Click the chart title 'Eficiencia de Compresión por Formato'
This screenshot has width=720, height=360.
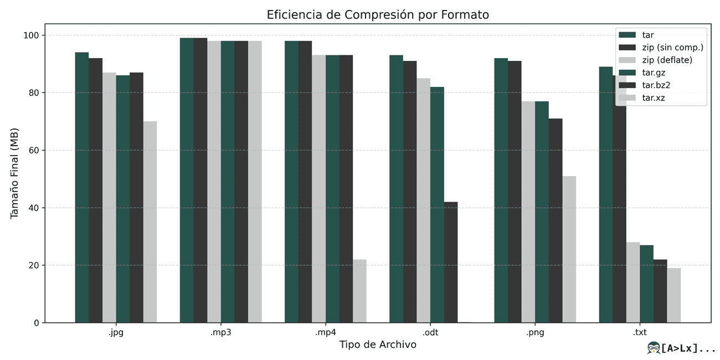coord(378,15)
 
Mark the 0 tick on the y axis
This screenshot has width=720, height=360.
coord(36,323)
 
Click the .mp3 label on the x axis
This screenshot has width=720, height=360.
coord(220,333)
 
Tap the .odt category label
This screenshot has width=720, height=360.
coord(430,333)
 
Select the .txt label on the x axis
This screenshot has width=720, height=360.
coord(640,333)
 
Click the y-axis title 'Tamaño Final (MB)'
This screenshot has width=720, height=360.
coord(15,173)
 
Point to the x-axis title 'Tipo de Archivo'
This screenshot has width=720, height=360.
coord(378,345)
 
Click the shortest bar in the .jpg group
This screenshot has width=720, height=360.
coord(150,222)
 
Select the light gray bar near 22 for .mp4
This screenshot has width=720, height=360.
coord(359,291)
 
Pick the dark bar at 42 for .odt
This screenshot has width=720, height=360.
coord(451,262)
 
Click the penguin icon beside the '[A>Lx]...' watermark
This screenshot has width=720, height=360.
coord(654,348)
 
